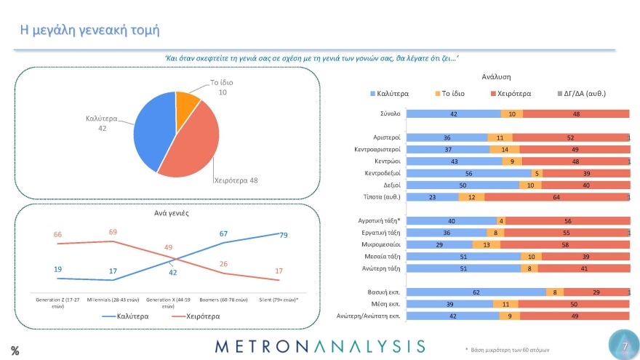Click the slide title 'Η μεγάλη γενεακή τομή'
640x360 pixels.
coord(89,31)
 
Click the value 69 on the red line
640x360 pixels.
coord(113,232)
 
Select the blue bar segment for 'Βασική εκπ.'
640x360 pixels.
coord(476,292)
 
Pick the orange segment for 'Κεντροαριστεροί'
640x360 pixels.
coord(505,149)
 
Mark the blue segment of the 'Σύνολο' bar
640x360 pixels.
coord(453,113)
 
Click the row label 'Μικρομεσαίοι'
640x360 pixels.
coord(381,244)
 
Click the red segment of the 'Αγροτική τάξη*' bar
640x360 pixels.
coord(566,220)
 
